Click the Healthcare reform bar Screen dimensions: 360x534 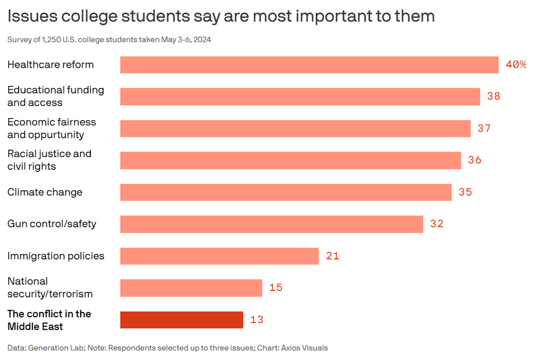coord(309,65)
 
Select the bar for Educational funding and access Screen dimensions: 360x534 coord(300,97)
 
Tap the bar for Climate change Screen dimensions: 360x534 coord(286,192)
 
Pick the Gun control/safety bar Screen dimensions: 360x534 coord(271,224)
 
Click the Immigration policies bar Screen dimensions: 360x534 coord(219,256)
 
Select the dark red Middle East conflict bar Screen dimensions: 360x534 coord(182,320)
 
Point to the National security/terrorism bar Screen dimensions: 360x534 coord(191,288)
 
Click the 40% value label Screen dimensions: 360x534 coord(516,65)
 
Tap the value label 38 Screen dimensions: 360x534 coord(493,97)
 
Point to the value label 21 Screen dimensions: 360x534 coord(333,256)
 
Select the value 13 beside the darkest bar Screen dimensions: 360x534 coord(257,320)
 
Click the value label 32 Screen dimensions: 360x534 coord(437,224)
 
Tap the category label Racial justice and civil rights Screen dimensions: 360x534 coord(49,160)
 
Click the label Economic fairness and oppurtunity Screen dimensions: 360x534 coord(51,128)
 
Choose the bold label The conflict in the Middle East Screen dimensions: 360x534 coord(49,320)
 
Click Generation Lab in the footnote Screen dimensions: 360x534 coord(54,348)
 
